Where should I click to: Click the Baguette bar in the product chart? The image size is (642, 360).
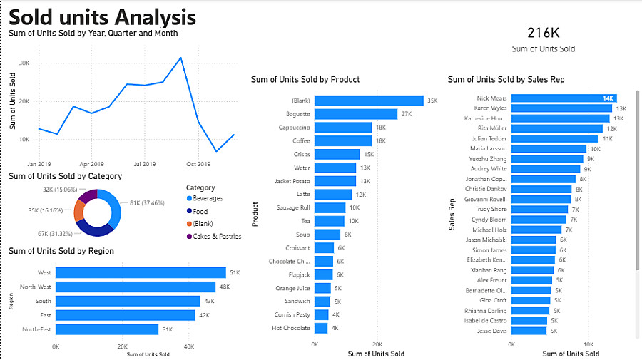355,114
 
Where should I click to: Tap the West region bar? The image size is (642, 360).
141,272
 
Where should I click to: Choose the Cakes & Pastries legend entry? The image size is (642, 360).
216,236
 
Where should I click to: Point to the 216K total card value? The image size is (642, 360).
543,33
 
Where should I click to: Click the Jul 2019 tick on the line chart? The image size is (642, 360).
145,163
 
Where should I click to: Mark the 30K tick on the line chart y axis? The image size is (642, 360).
24,63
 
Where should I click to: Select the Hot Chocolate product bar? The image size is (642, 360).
320,328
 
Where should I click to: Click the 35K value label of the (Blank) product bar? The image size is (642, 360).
432,101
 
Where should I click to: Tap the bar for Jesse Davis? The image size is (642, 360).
529,331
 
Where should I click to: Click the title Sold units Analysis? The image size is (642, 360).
102,16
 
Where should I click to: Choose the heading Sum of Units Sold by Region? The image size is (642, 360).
61,251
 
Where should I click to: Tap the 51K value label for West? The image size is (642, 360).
235,273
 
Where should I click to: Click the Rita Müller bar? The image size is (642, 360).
557,128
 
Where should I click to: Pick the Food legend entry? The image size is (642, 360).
201,210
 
